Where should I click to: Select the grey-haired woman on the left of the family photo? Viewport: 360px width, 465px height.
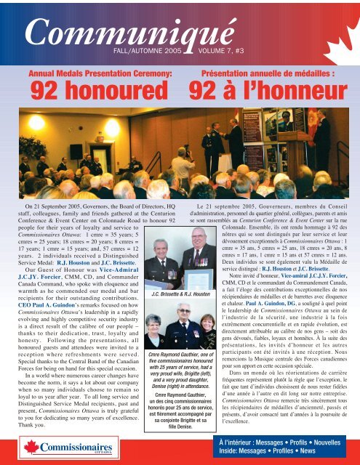(155, 327)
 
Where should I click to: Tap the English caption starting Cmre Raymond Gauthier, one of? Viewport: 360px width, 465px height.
(179, 378)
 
